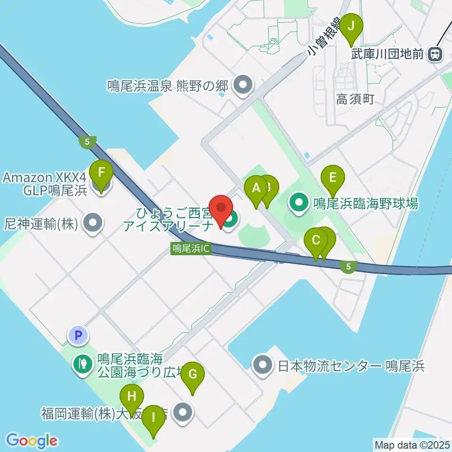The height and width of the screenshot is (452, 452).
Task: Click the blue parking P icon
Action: (79, 335)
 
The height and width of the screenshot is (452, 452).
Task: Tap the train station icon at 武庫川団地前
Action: (435, 55)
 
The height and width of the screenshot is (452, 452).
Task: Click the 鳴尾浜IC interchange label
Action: (191, 249)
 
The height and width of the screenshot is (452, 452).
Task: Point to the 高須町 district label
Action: (355, 99)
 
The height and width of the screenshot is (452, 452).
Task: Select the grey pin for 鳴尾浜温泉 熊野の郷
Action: (243, 86)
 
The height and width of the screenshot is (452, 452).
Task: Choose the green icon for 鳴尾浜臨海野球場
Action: (299, 203)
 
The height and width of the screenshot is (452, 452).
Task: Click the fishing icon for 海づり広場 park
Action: (83, 363)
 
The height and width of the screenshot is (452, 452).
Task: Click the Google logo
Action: (32, 441)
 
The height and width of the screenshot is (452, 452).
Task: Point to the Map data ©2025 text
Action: (412, 444)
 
